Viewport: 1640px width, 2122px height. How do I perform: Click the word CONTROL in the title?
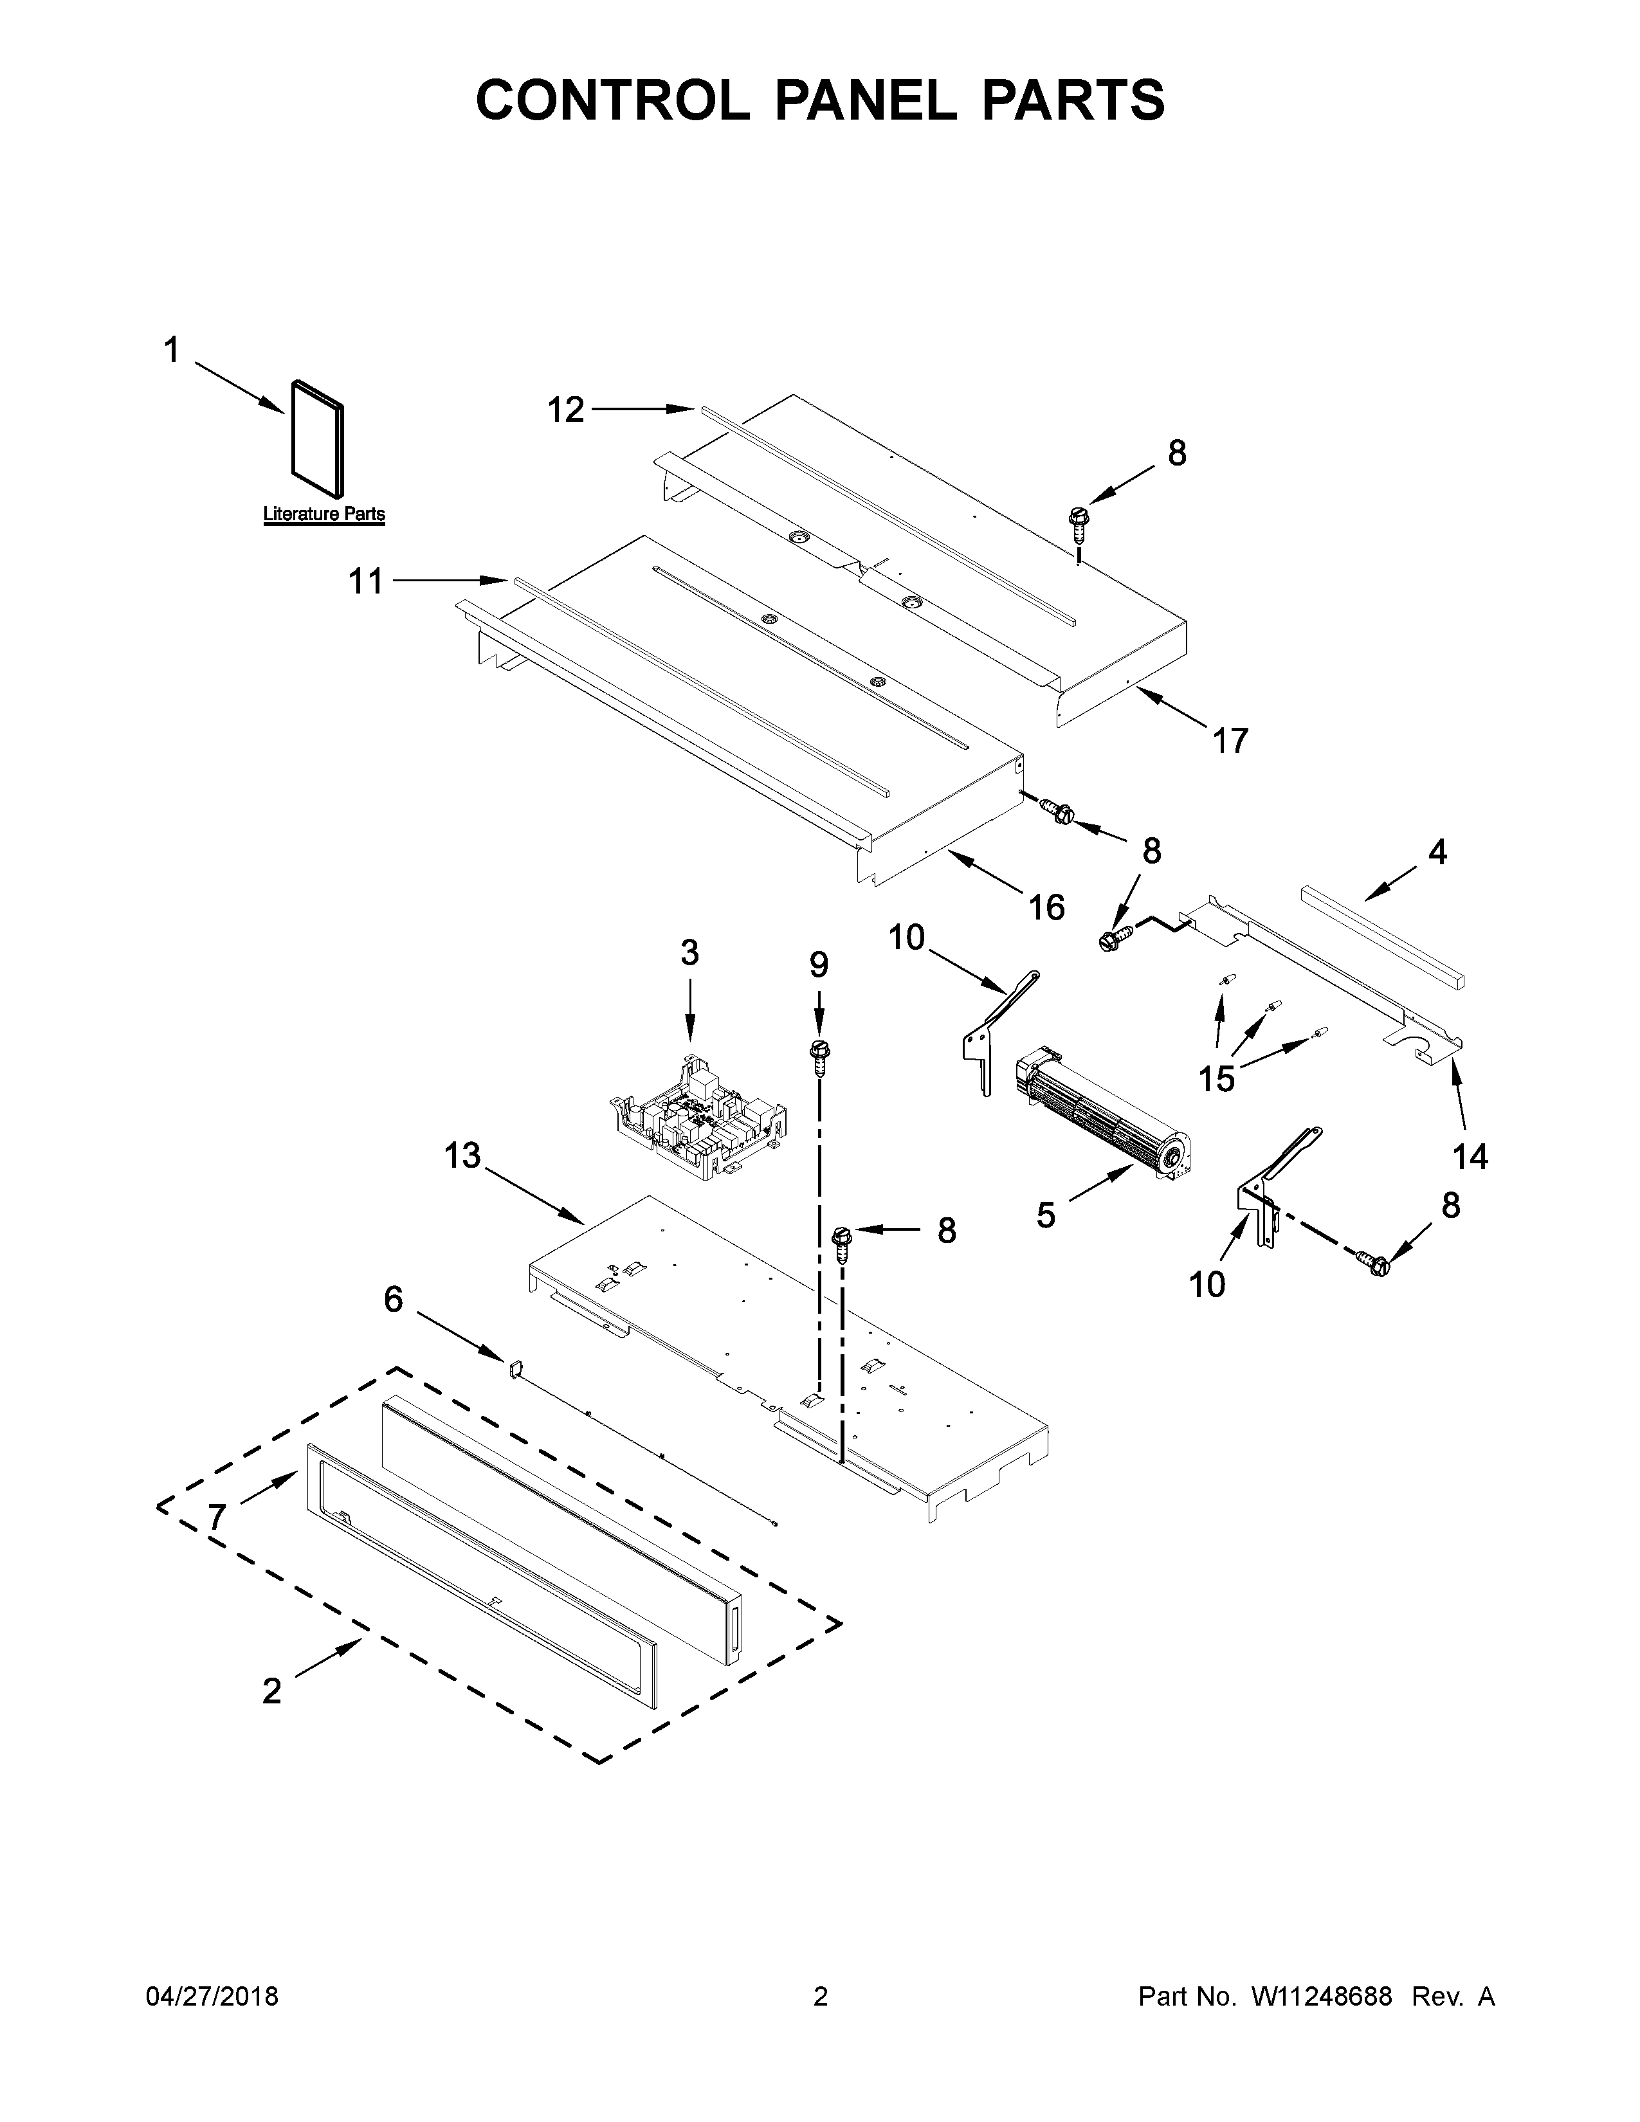pos(612,100)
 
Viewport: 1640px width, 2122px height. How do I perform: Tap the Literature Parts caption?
pos(323,514)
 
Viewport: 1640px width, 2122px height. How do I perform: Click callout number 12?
pos(565,410)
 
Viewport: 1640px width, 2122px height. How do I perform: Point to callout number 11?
pos(367,582)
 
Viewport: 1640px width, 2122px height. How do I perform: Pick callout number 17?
pos(1230,741)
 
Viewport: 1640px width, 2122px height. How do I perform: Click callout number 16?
pos(1046,907)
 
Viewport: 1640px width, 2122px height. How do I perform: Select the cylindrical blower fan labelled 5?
pos(1103,1108)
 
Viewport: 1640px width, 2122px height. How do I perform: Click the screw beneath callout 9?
pos(819,1054)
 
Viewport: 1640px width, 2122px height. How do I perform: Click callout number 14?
pos(1470,1157)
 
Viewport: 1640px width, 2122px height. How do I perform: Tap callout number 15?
pos(1216,1078)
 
